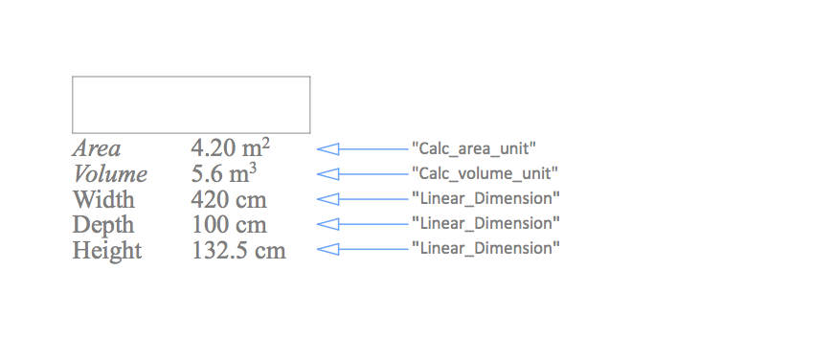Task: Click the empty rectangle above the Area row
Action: click(x=191, y=104)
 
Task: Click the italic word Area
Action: click(x=97, y=148)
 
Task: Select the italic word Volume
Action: click(x=110, y=174)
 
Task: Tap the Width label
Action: click(x=103, y=200)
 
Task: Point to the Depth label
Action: click(x=103, y=225)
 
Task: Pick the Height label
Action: click(x=107, y=251)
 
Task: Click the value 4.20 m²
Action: click(x=231, y=148)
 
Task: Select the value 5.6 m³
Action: click(x=225, y=174)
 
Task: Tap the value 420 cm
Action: click(x=229, y=200)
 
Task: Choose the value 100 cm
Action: click(x=229, y=225)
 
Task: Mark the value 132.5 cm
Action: click(x=238, y=251)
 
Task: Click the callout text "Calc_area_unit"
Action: click(x=473, y=148)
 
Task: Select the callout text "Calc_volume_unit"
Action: click(x=485, y=173)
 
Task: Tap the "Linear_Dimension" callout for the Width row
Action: click(x=485, y=198)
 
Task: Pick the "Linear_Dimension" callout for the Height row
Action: click(x=485, y=248)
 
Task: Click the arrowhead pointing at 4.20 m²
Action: click(x=327, y=148)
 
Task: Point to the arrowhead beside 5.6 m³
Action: click(x=327, y=173)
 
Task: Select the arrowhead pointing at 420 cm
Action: click(x=327, y=198)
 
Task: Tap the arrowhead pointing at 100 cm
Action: click(x=327, y=223)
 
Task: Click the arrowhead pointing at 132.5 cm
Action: click(x=327, y=248)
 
